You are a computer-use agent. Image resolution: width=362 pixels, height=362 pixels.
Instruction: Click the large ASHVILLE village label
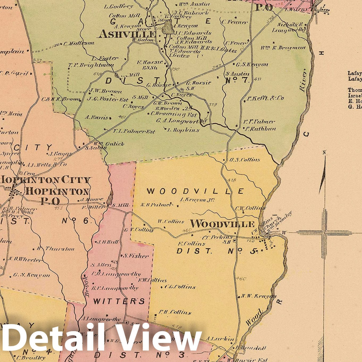pyautogui.click(x=127, y=34)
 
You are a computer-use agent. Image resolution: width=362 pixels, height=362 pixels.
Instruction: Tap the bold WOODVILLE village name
pyautogui.click(x=222, y=224)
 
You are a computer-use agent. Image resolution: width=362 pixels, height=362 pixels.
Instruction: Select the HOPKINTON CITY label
pyautogui.click(x=46, y=180)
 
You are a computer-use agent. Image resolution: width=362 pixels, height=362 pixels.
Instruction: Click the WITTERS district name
pyautogui.click(x=119, y=301)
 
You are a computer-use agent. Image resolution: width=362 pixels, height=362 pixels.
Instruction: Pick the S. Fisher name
pyautogui.click(x=136, y=256)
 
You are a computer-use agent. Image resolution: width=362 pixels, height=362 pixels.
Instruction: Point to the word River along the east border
pyautogui.click(x=303, y=81)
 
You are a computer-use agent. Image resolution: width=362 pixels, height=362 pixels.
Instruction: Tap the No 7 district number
pyautogui.click(x=237, y=80)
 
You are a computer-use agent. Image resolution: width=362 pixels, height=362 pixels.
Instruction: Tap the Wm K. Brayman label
pyautogui.click(x=283, y=48)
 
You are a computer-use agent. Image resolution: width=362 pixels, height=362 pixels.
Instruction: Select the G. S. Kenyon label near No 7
pyautogui.click(x=252, y=64)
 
